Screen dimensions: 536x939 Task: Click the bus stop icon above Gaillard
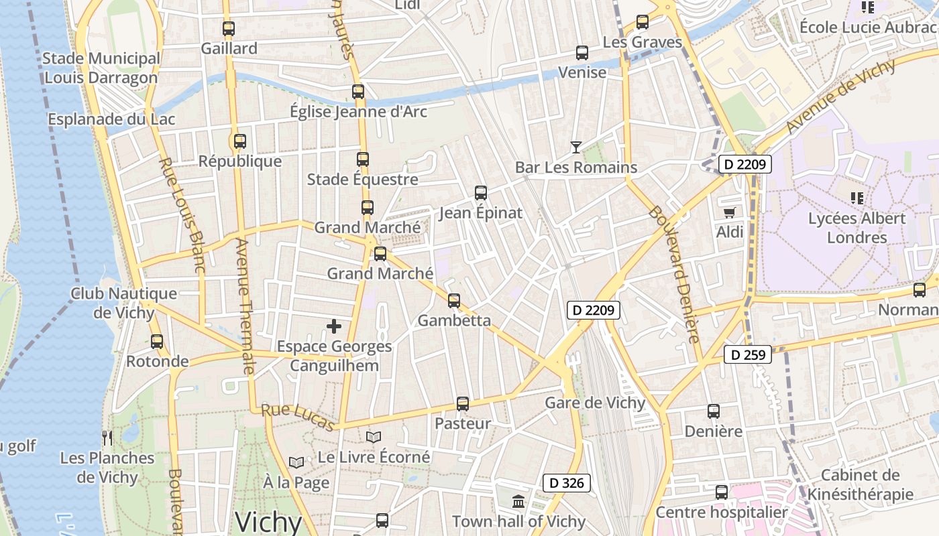point(229,29)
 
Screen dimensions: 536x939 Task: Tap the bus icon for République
point(240,141)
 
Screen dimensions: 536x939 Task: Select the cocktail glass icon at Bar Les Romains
point(576,147)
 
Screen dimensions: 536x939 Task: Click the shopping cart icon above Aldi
point(730,212)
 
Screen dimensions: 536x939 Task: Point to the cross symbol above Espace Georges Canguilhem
point(334,326)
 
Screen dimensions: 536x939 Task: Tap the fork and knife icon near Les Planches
point(107,438)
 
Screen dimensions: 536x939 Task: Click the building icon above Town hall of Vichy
point(518,501)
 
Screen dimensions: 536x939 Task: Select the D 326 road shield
point(567,482)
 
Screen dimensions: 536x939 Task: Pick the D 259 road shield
point(748,355)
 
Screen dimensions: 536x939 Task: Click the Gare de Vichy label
point(595,403)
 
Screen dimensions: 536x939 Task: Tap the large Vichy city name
point(268,522)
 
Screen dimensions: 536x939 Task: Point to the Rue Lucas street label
point(298,417)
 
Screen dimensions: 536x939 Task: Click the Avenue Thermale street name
point(245,306)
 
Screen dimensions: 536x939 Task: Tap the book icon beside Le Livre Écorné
point(374,438)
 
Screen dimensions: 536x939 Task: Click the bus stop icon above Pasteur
point(463,404)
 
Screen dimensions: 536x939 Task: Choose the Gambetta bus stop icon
point(454,301)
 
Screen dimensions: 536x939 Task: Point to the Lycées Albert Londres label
point(857,228)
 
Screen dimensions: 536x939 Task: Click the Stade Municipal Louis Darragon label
point(101,68)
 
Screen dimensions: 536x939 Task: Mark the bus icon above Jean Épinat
point(481,193)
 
